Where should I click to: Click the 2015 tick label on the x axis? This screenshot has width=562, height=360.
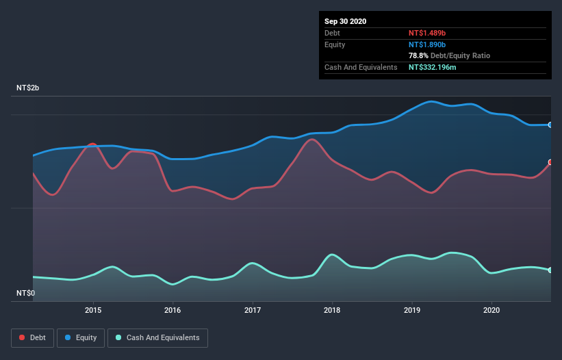pos(93,310)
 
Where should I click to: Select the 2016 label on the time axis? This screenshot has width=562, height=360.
pos(173,310)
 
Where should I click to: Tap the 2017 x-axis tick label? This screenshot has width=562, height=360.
pos(253,310)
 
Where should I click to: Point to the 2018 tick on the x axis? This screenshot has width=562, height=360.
pos(332,310)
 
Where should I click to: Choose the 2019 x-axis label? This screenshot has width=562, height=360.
pos(412,310)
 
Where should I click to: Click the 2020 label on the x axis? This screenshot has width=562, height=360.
pos(491,310)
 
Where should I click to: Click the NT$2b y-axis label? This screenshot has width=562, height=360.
pos(27,89)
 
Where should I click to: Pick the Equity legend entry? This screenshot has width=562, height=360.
pos(81,338)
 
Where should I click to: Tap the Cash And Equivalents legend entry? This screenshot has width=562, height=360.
pos(157,338)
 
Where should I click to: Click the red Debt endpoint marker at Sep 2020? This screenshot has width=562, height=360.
pos(550,162)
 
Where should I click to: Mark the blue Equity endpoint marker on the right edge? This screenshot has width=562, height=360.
pos(550,125)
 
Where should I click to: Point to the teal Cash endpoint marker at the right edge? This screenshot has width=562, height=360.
pos(550,270)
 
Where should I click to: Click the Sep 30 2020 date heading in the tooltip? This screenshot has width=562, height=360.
pos(346,21)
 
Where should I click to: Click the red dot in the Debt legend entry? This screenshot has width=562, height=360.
pos(23,338)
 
